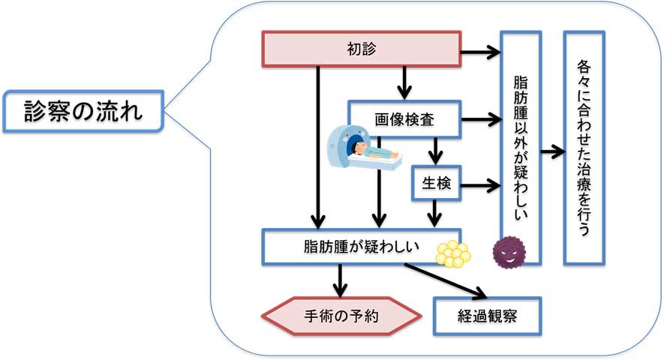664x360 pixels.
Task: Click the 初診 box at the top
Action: click(x=360, y=49)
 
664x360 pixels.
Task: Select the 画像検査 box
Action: click(x=404, y=118)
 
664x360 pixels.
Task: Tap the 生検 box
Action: click(x=435, y=184)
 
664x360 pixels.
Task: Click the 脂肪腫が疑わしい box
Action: click(x=353, y=247)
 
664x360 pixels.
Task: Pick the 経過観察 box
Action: click(x=487, y=317)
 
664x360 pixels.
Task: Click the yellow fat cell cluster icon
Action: click(x=452, y=253)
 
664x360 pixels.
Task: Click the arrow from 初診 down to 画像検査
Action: click(x=404, y=82)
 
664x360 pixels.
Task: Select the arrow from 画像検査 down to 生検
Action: click(x=434, y=153)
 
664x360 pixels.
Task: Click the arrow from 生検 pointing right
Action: click(x=479, y=184)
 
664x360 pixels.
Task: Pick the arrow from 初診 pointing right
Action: click(x=480, y=52)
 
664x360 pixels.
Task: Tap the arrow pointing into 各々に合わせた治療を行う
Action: click(x=551, y=150)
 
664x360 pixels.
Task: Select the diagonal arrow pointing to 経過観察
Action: click(x=443, y=281)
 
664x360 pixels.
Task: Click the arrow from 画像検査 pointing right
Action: click(x=480, y=118)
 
